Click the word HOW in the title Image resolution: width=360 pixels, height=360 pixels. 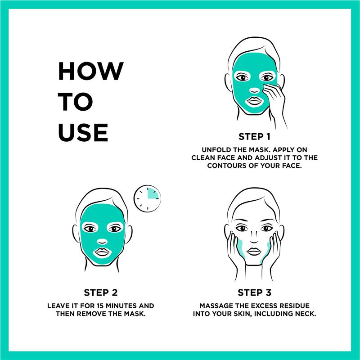(x=91, y=71)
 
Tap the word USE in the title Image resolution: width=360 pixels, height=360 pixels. (x=83, y=132)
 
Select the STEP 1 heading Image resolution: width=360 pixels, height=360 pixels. (x=254, y=137)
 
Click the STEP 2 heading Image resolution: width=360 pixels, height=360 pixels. (x=100, y=292)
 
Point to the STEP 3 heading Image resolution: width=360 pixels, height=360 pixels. (x=254, y=292)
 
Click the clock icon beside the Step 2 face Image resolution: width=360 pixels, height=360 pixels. (x=147, y=198)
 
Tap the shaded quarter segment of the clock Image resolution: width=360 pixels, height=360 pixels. (x=153, y=193)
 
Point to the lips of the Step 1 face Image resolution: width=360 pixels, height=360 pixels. (x=254, y=101)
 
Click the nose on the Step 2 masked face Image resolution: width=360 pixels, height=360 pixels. (x=102, y=242)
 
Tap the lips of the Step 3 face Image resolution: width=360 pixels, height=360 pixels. (x=254, y=252)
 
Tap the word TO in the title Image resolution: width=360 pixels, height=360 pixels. (x=76, y=102)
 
